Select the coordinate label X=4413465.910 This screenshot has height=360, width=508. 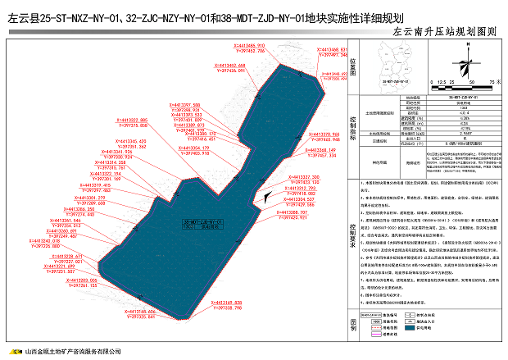pos(248,45)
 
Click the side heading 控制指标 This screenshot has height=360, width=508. pos(353,130)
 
